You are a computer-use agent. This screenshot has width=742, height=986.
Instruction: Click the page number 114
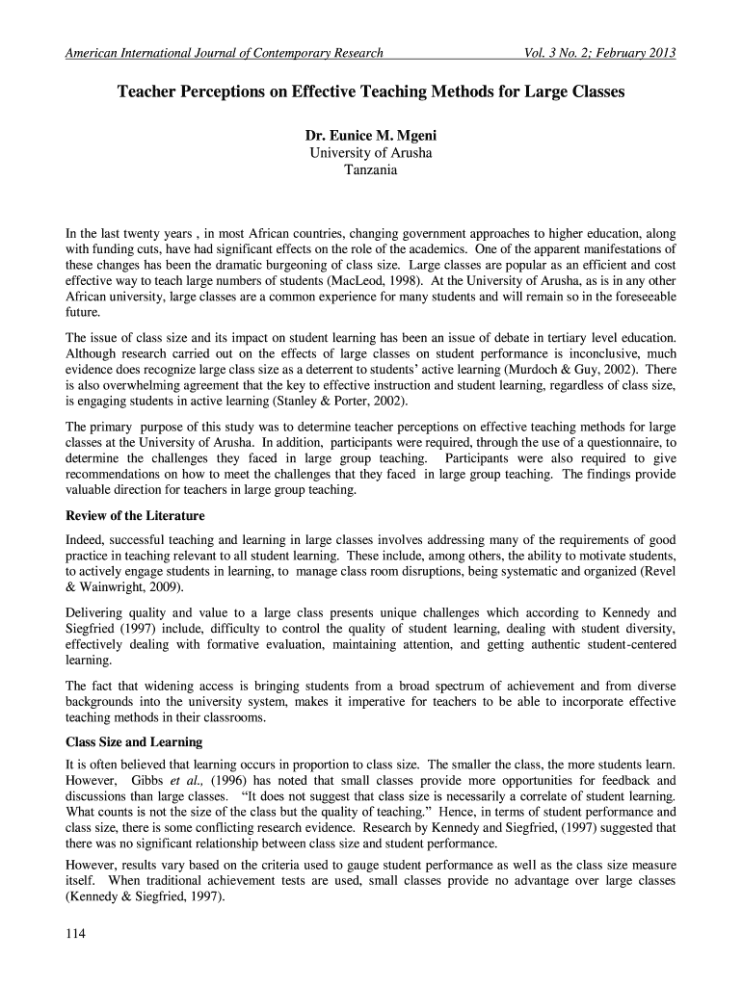(x=76, y=933)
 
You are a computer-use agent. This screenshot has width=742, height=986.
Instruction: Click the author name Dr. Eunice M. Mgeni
(x=371, y=136)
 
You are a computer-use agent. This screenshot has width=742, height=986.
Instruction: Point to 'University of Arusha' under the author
(x=371, y=153)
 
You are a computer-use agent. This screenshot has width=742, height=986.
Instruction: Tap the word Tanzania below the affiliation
(x=371, y=170)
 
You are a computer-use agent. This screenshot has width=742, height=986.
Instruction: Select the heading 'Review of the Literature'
(x=134, y=516)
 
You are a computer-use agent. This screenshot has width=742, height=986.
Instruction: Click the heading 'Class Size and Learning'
(x=133, y=742)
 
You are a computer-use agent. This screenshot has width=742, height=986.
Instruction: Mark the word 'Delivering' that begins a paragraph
(x=96, y=612)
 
